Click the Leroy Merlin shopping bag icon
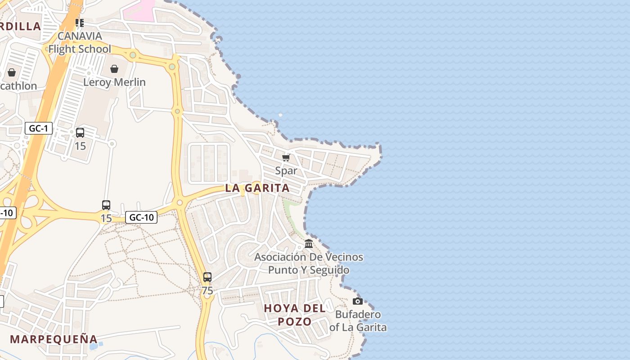114,69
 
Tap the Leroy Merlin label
114,82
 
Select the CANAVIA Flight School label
80,42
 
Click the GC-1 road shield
38,129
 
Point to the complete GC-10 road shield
141,217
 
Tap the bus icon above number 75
207,277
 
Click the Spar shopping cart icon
286,157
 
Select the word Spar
286,171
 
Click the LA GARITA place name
257,188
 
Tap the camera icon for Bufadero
358,301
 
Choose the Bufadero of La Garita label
358,321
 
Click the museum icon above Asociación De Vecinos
309,244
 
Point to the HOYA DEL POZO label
295,315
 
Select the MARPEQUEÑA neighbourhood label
54,339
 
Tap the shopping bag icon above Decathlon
12,72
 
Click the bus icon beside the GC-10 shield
106,205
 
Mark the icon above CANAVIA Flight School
80,22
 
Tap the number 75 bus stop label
207,291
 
